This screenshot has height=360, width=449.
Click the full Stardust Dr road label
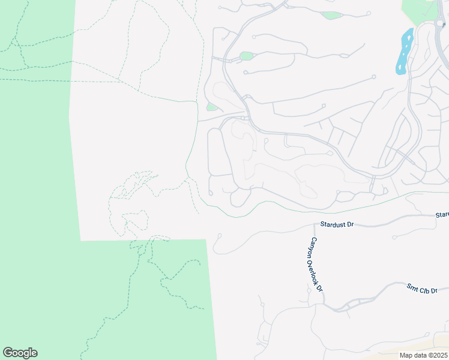pyautogui.click(x=337, y=224)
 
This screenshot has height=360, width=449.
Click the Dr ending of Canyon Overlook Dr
pyautogui.click(x=319, y=287)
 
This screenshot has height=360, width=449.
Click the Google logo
pyautogui.click(x=20, y=353)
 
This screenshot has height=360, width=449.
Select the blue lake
pyautogui.click(x=403, y=52)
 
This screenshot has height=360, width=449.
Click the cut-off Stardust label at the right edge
pyautogui.click(x=442, y=214)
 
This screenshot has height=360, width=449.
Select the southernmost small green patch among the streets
pyautogui.click(x=211, y=107)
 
